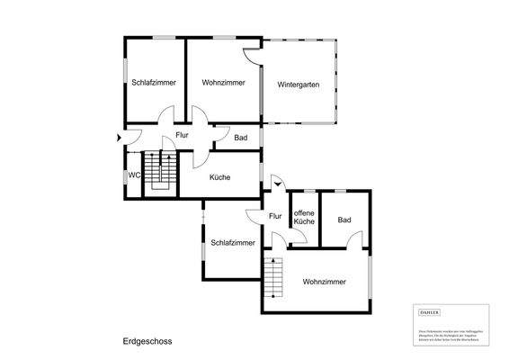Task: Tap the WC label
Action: pyautogui.click(x=133, y=175)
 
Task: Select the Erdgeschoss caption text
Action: pyautogui.click(x=147, y=341)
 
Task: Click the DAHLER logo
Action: pyautogui.click(x=430, y=311)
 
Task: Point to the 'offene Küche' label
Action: pyautogui.click(x=304, y=216)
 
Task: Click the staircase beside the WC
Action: pyautogui.click(x=162, y=169)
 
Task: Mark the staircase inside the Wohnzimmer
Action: pyautogui.click(x=272, y=276)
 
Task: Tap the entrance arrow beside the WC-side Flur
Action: pyautogui.click(x=119, y=138)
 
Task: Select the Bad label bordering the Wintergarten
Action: pyautogui.click(x=240, y=138)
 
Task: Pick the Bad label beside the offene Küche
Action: pyautogui.click(x=344, y=220)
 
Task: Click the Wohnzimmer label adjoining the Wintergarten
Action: pyautogui.click(x=223, y=82)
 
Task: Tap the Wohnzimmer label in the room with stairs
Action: pyautogui.click(x=324, y=282)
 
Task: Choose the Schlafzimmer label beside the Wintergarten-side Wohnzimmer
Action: pyautogui.click(x=153, y=82)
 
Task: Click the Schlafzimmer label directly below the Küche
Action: pyautogui.click(x=233, y=242)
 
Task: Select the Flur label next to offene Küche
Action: pyautogui.click(x=275, y=215)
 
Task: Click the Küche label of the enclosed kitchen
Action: pyautogui.click(x=219, y=177)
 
